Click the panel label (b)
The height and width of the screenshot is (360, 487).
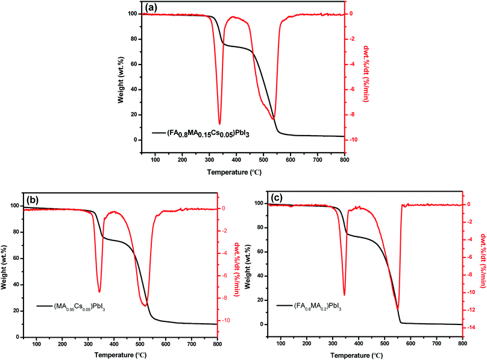pyautogui.click(x=33, y=199)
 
